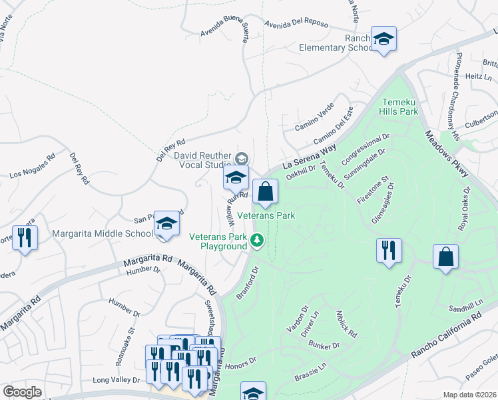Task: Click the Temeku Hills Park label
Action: click(399, 107)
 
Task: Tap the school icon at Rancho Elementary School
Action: click(384, 39)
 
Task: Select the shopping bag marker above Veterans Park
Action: click(265, 192)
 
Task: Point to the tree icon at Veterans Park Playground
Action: click(257, 241)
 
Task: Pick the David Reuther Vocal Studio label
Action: click(202, 160)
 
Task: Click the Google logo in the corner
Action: click(23, 392)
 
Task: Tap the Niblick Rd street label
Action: click(347, 323)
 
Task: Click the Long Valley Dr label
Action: click(118, 380)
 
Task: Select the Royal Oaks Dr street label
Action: click(464, 209)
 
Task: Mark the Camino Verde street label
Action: click(314, 119)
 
